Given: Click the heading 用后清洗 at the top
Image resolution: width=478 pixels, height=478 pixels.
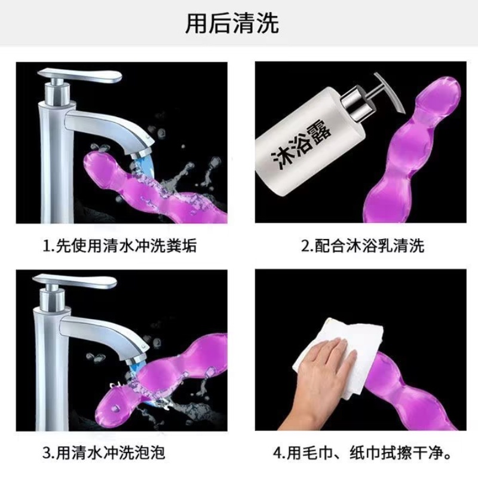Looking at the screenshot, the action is [232, 23].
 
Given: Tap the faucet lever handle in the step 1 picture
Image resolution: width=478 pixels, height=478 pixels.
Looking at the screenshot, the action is [79, 75].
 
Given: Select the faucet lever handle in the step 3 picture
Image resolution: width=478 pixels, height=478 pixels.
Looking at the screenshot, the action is [75, 281].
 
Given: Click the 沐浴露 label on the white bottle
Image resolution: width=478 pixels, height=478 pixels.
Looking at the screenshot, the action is [301, 144].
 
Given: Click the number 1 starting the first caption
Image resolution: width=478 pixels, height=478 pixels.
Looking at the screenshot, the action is [47, 246].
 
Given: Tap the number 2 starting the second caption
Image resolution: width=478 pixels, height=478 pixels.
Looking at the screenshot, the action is [305, 246].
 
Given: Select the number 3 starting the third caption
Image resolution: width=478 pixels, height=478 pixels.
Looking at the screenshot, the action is [47, 453].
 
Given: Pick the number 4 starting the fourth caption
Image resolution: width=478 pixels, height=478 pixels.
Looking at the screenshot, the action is [278, 453].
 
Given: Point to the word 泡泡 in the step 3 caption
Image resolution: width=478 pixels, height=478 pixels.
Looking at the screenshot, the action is [150, 453].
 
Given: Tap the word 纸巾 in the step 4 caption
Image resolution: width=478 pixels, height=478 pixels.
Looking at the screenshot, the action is [365, 453].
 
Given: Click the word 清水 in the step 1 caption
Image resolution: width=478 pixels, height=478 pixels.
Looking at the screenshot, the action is [118, 246].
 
